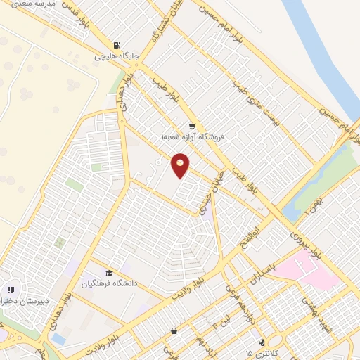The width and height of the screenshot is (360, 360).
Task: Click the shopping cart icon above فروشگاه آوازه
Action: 191,127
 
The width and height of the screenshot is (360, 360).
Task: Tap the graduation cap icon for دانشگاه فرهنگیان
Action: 109,273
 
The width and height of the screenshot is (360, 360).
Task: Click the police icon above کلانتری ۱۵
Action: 262,342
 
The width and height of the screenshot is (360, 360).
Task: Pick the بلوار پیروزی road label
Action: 304,243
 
